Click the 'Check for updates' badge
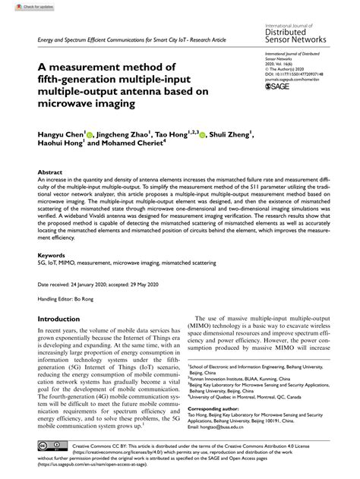[21, 5]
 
